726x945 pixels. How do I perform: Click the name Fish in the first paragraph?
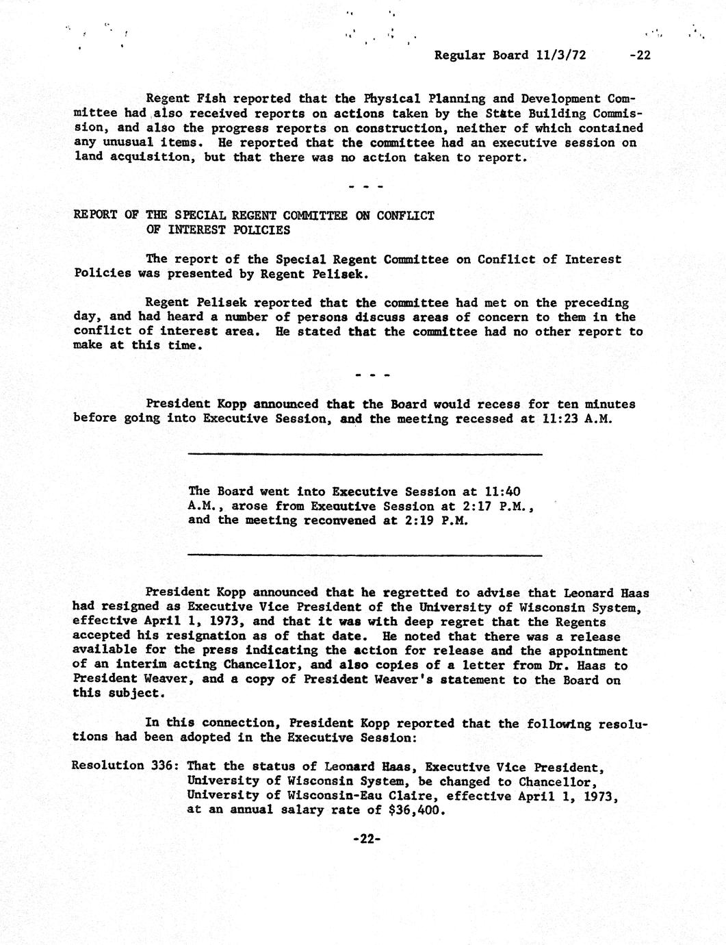[x=202, y=99]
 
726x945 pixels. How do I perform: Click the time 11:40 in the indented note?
[x=504, y=491]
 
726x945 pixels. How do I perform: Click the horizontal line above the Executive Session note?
[x=365, y=454]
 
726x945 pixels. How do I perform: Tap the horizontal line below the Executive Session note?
[x=365, y=555]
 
